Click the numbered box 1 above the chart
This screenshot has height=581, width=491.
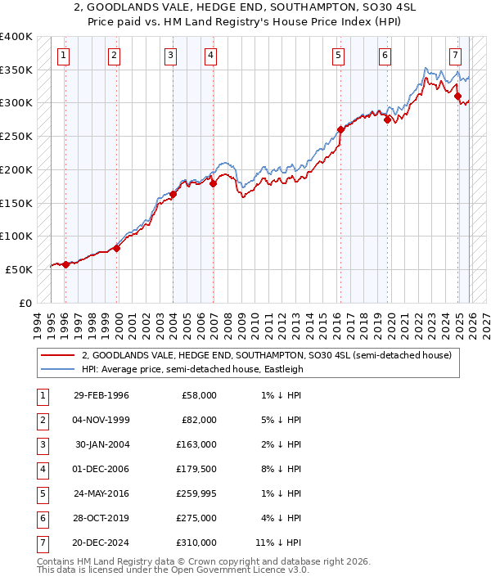click(x=64, y=56)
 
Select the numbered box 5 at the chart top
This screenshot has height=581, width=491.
click(x=338, y=56)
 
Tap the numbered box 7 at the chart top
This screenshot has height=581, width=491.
click(x=455, y=56)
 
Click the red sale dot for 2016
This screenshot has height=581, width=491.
click(x=340, y=129)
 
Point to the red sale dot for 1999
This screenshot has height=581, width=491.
click(x=117, y=248)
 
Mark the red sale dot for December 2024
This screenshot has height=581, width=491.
click(x=457, y=96)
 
